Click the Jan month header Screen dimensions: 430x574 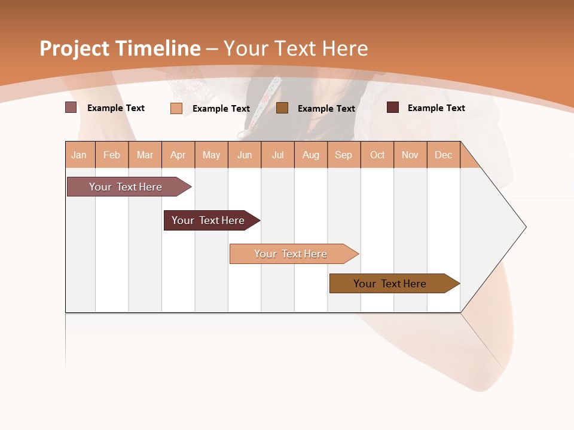(x=79, y=155)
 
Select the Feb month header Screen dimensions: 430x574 (x=112, y=155)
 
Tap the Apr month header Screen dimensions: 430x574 (x=178, y=155)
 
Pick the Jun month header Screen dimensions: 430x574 (x=245, y=155)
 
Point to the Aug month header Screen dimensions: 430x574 (x=311, y=155)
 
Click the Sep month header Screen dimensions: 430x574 (x=344, y=155)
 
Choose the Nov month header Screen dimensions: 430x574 (x=410, y=155)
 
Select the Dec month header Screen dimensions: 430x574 (x=444, y=155)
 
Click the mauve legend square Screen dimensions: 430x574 (x=71, y=107)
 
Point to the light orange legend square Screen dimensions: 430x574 (x=176, y=108)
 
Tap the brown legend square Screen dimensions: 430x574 (x=282, y=107)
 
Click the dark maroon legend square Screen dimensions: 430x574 (x=393, y=107)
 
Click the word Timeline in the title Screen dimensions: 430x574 (x=157, y=48)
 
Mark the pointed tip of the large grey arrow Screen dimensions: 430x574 (x=525, y=227)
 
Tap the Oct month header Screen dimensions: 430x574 (x=377, y=155)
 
